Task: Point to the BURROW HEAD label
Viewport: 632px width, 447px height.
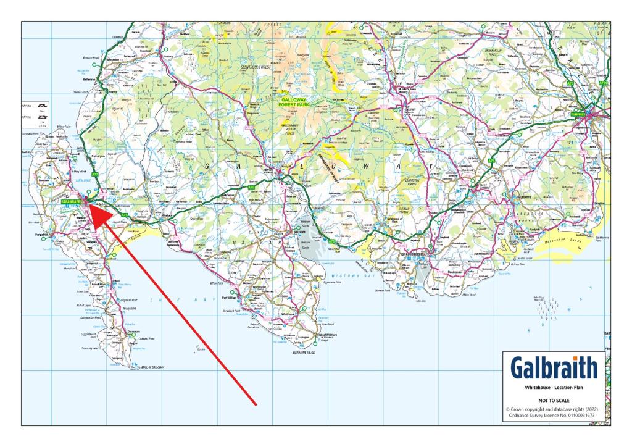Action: (x=304, y=351)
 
